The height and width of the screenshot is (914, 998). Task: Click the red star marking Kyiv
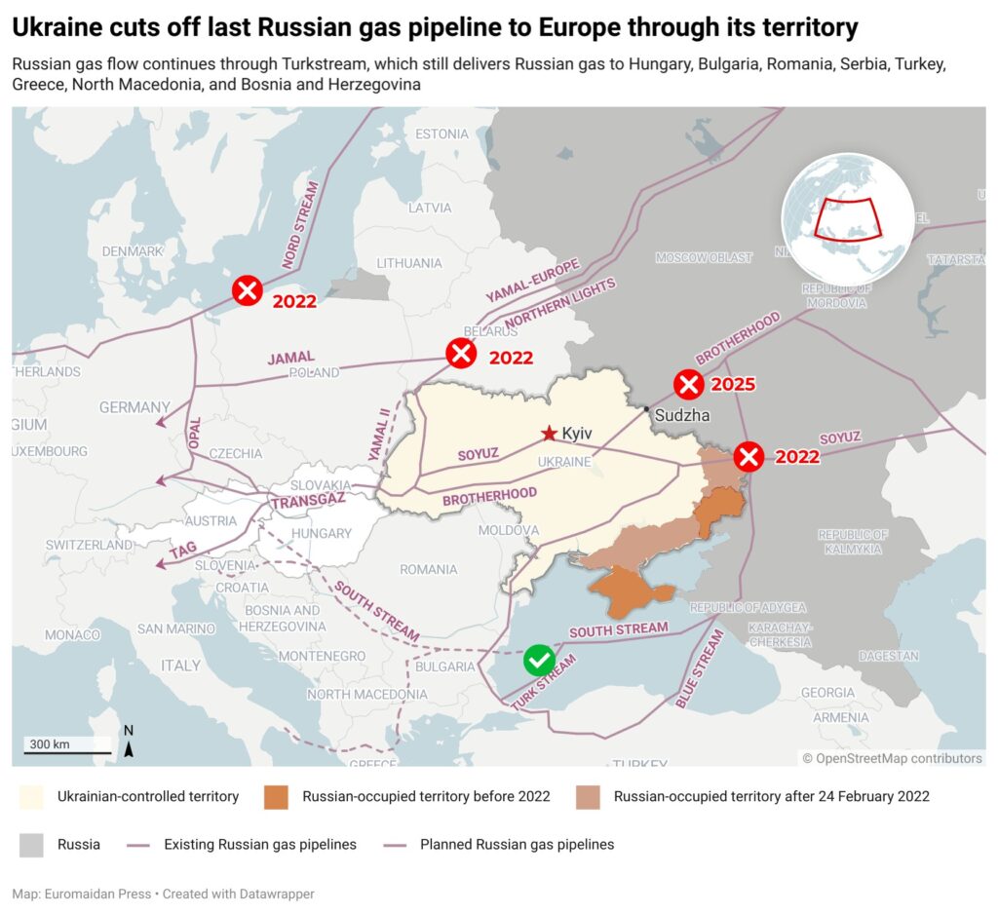point(550,433)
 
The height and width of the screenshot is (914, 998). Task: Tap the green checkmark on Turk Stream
point(539,660)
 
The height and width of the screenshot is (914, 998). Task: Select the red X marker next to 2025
point(689,384)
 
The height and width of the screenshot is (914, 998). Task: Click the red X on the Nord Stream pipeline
point(248,289)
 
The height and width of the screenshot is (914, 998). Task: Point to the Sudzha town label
point(681,415)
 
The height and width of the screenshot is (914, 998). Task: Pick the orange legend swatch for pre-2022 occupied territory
point(277,796)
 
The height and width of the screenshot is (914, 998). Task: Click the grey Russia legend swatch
point(31,844)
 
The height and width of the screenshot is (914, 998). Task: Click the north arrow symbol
point(129,743)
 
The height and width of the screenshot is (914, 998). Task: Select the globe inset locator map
point(847,219)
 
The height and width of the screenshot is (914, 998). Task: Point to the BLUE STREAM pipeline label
point(700,669)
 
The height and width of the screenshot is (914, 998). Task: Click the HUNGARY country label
point(322,534)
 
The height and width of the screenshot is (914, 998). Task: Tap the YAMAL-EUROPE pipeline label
point(532,281)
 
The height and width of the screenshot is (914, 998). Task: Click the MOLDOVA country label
point(508,530)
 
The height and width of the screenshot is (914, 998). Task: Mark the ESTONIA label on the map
point(441,133)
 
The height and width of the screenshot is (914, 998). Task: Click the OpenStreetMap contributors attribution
point(892,758)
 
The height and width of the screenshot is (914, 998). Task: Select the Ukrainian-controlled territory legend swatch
point(31,796)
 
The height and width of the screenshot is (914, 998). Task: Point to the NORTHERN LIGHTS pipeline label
point(560,304)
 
